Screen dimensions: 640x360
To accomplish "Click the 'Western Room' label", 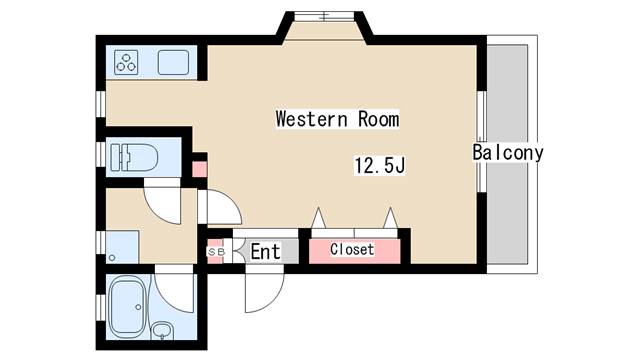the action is tap(337, 119).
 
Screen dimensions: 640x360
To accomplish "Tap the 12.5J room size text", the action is tap(380, 165).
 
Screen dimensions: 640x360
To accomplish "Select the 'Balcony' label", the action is tap(508, 152).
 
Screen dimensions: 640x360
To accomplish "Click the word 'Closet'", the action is tap(352, 249).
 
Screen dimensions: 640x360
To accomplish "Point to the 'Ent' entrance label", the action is tap(265, 251).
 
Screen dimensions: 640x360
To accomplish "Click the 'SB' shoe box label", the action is tap(216, 252).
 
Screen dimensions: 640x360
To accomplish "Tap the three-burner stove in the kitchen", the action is tap(126, 62).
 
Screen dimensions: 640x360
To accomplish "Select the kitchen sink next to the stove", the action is tap(173, 62).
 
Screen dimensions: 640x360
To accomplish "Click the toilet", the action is tap(134, 158).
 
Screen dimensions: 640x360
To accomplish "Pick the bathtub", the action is tap(128, 307).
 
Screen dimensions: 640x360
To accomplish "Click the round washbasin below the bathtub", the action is tap(162, 330).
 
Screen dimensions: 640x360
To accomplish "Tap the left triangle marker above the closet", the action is tap(318, 218).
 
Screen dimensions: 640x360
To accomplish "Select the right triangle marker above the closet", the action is tap(390, 218).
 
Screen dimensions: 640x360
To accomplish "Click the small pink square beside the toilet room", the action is tap(200, 169).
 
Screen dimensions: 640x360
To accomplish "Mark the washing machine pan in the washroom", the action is tap(122, 247).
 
